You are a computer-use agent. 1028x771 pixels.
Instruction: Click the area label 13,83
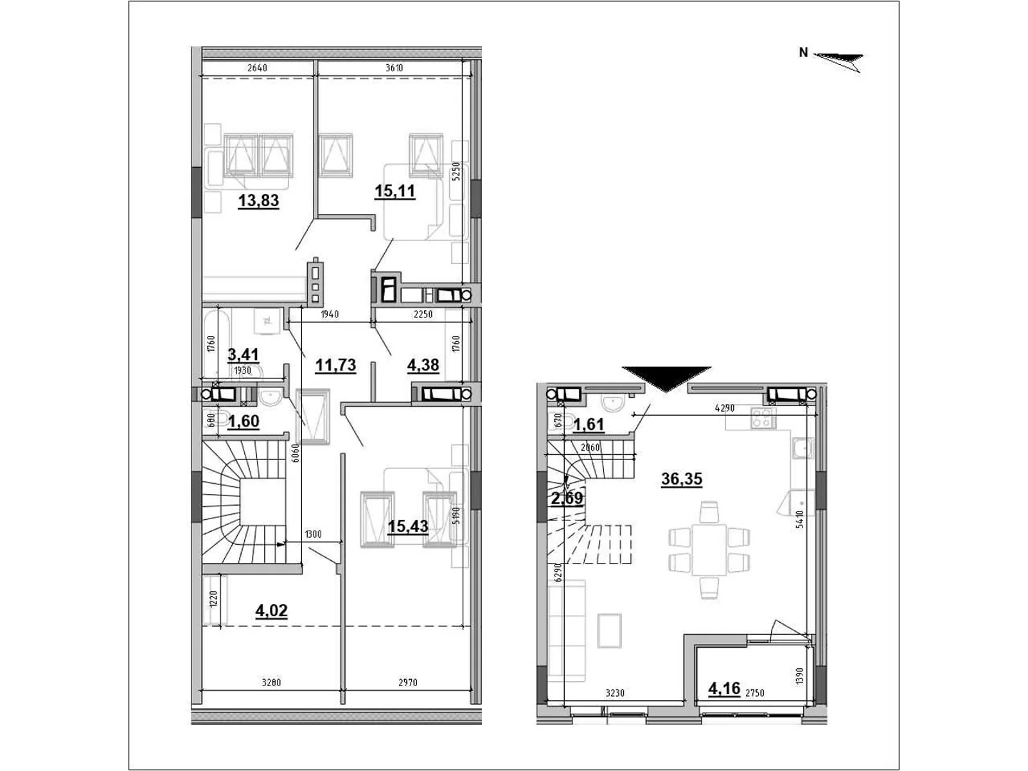click(258, 200)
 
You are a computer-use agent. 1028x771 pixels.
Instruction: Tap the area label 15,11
click(395, 191)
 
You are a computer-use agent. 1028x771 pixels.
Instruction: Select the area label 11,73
click(335, 365)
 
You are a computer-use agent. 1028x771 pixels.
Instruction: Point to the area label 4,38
click(423, 365)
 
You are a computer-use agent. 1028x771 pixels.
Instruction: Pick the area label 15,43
click(408, 526)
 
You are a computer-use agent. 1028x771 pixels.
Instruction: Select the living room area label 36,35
click(682, 479)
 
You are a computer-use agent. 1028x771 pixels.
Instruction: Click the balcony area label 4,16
click(724, 689)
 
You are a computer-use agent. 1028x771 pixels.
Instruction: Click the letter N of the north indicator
click(803, 53)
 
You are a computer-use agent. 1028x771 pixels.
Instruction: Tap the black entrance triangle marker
click(666, 378)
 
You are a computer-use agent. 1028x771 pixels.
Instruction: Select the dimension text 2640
click(256, 67)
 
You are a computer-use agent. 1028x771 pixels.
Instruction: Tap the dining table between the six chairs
click(708, 549)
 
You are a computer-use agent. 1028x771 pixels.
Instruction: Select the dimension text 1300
click(314, 534)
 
